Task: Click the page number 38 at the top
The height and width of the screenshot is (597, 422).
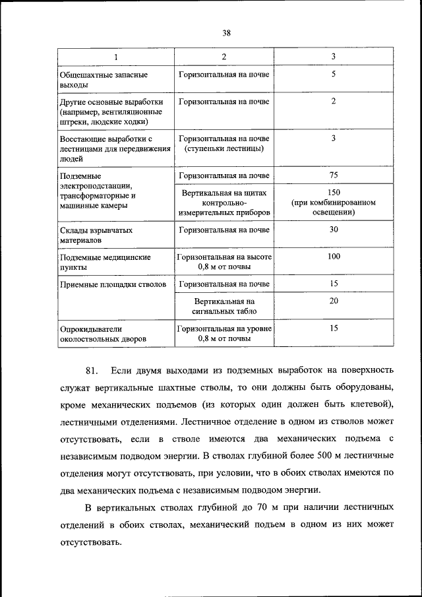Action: point(226,32)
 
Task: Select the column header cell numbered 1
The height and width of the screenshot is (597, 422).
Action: point(115,57)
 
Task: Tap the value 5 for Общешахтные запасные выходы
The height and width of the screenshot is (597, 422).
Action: point(333,75)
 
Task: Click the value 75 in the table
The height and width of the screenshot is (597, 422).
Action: point(333,175)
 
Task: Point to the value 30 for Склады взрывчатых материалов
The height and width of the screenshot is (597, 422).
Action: point(333,230)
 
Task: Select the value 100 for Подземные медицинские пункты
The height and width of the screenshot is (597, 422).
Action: point(333,256)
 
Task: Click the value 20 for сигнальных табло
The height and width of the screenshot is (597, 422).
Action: point(333,300)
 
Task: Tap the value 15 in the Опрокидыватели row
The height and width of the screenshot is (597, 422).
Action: point(333,327)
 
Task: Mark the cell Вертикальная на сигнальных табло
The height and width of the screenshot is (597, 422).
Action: point(224,306)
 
